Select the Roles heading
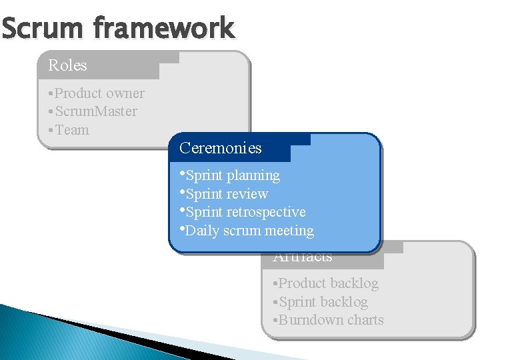pos(67,65)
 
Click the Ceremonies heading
pos(220,148)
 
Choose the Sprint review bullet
pos(227,194)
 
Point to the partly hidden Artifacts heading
pos(303,257)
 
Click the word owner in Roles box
pos(125,93)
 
